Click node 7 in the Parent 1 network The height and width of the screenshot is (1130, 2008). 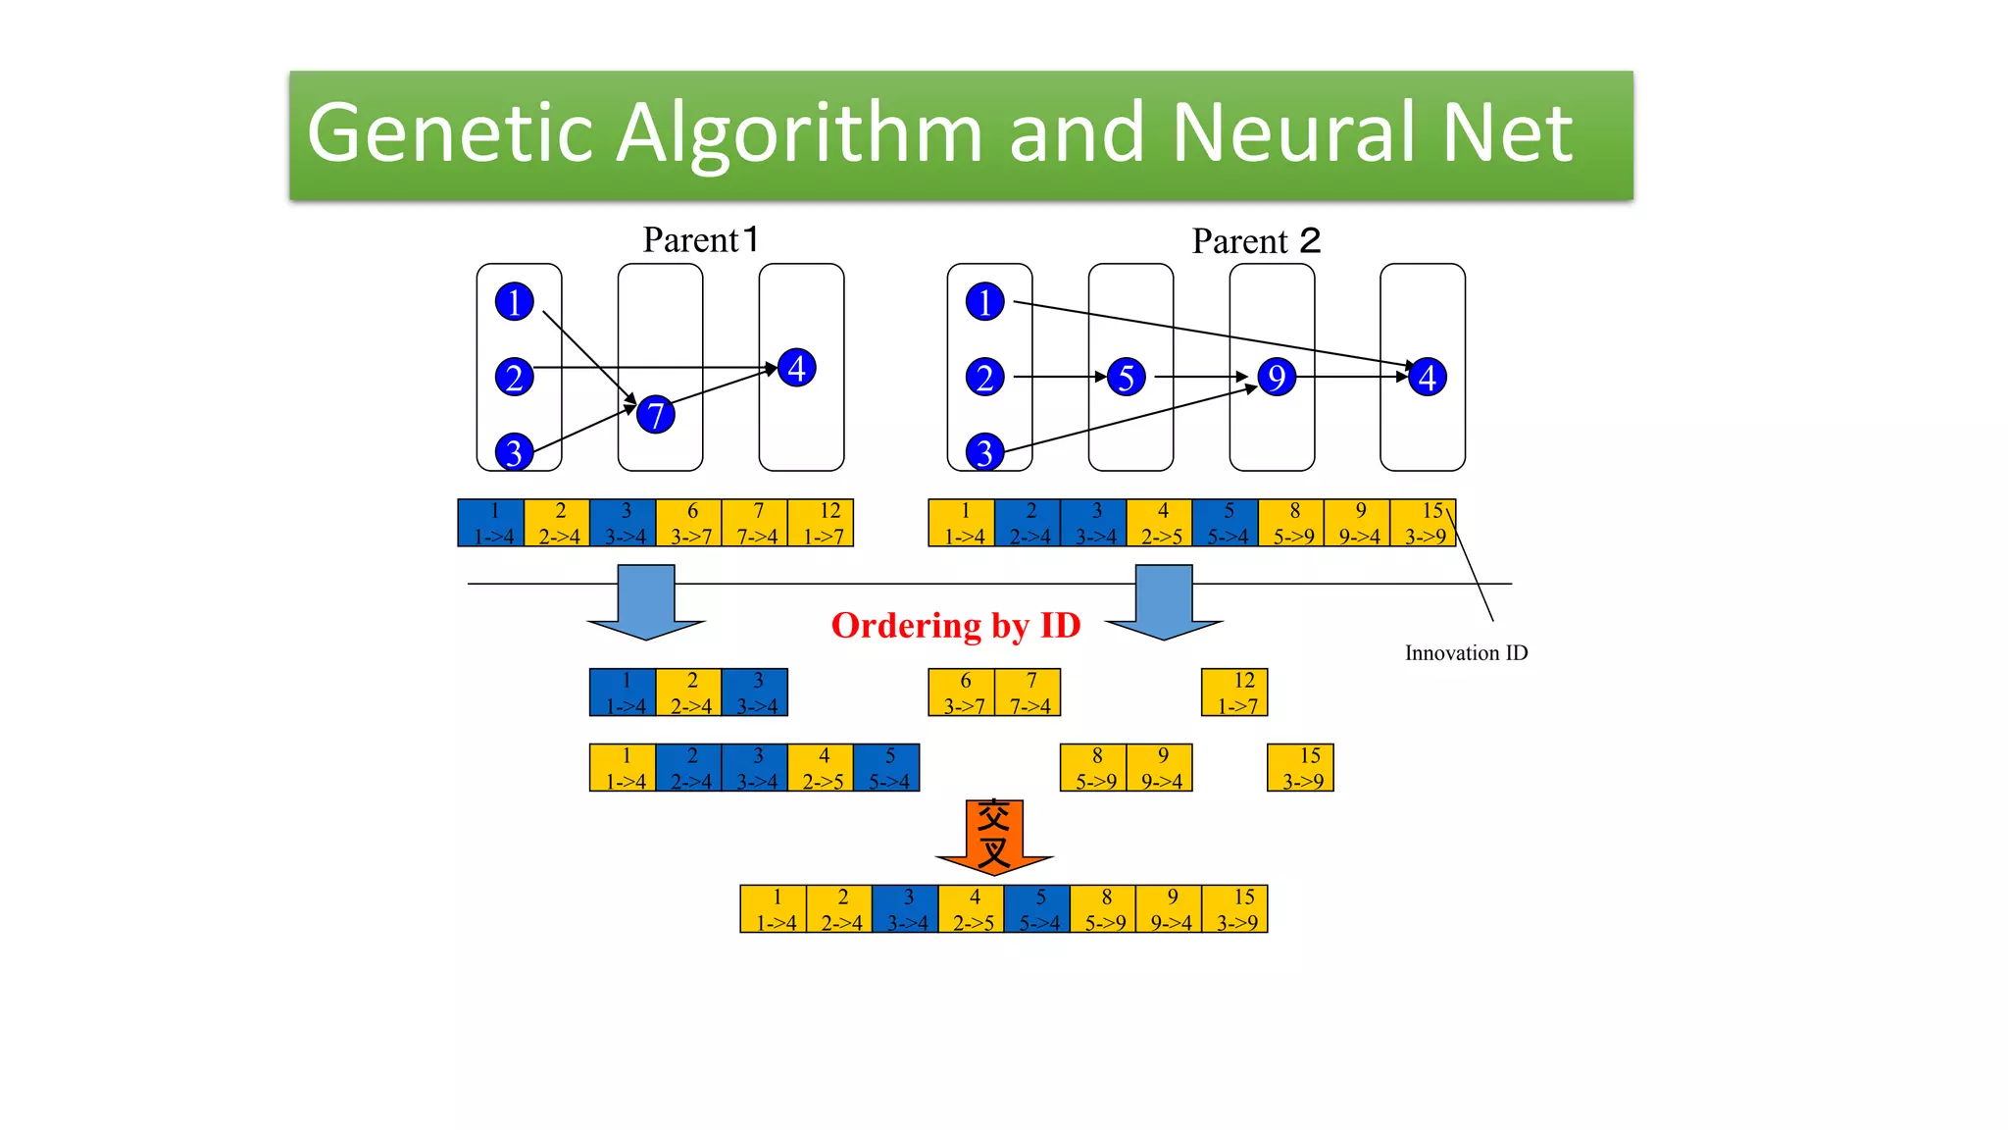point(655,414)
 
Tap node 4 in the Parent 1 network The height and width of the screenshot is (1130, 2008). point(796,368)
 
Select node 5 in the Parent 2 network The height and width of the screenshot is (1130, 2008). point(1126,377)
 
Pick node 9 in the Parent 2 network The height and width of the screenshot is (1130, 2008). point(1276,377)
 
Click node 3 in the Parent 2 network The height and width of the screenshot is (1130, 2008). point(984,452)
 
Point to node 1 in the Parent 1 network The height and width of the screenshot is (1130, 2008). point(514,301)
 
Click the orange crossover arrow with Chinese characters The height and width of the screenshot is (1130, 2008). point(994,835)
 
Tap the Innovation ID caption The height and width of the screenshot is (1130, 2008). point(1466,653)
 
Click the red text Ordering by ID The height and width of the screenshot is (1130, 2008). point(955,626)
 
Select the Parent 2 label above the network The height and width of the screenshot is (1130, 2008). point(1256,241)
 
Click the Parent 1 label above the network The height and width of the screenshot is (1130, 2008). point(700,240)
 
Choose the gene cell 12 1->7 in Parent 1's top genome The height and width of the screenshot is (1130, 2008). point(822,523)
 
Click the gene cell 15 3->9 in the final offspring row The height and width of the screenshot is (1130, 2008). point(1235,909)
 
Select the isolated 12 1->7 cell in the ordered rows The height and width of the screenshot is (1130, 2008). point(1234,693)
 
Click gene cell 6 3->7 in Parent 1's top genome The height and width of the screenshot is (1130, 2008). point(689,523)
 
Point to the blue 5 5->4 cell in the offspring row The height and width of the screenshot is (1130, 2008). point(1037,909)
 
